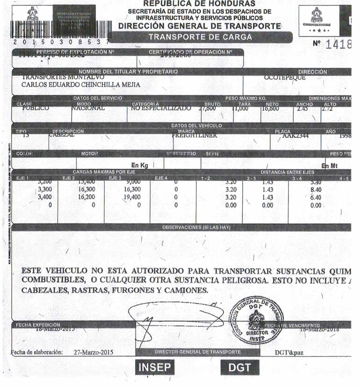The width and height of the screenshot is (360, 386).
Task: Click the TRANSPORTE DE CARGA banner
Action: pos(200,37)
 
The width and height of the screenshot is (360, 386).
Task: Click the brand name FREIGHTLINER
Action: pos(192,136)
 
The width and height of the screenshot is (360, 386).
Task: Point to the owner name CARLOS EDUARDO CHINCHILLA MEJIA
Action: pos(81,85)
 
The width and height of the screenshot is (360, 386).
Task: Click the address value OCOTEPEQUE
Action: pos(285,78)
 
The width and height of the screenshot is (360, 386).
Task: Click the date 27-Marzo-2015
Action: pos(94,352)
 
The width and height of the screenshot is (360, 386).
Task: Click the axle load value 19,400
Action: pos(130,197)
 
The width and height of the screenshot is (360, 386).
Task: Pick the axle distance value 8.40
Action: pos(316,190)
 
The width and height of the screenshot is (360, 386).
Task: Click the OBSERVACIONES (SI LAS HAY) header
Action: pos(196,227)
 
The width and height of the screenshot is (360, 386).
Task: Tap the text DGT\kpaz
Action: pos(288,352)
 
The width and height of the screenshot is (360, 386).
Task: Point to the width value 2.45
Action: pos(303,108)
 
